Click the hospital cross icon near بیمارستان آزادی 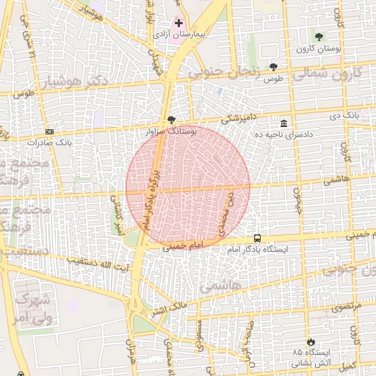pos(178,23)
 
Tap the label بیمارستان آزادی pos(178,35)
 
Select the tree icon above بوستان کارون pos(318,37)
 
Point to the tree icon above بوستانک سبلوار pos(171,119)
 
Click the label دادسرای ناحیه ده pos(284,134)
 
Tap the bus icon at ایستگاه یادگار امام pos(257,238)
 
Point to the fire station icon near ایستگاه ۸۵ pos(312,341)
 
